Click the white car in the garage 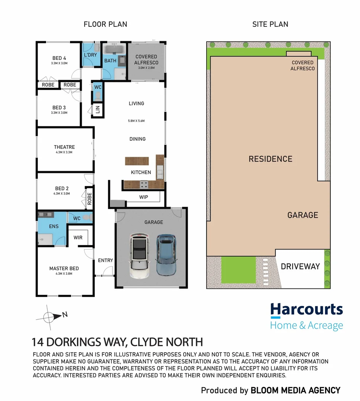(x=140, y=257)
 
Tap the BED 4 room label (x=59, y=58)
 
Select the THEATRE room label (x=64, y=147)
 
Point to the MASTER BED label (x=64, y=268)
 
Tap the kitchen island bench (x=137, y=161)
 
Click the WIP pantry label (x=143, y=197)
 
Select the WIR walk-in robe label (x=78, y=237)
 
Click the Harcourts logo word (x=307, y=310)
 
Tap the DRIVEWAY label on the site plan (x=300, y=267)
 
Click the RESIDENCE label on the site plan (x=270, y=159)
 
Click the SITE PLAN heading (x=270, y=25)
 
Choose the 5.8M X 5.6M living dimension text (x=136, y=121)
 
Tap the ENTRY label (x=106, y=260)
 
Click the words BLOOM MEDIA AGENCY (x=295, y=390)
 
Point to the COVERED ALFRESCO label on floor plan (x=146, y=60)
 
